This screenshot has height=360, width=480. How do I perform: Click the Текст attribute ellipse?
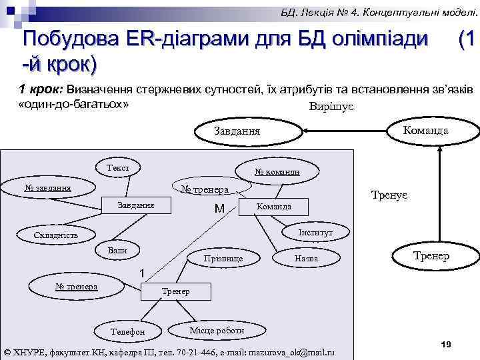coord(118,167)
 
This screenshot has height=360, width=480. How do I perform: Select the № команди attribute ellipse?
coord(277,172)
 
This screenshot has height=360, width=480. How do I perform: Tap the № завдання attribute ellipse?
coord(47,187)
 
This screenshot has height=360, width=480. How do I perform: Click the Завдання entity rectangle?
coord(136,205)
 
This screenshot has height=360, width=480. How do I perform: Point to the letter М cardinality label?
coord(219,209)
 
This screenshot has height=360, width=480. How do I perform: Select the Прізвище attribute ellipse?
coord(223,258)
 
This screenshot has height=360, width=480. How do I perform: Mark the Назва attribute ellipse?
coord(306,258)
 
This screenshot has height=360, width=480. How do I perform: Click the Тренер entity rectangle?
coord(176,291)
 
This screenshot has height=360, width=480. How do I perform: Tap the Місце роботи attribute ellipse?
coord(217,330)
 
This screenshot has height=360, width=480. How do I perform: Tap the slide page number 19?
coord(447,343)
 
